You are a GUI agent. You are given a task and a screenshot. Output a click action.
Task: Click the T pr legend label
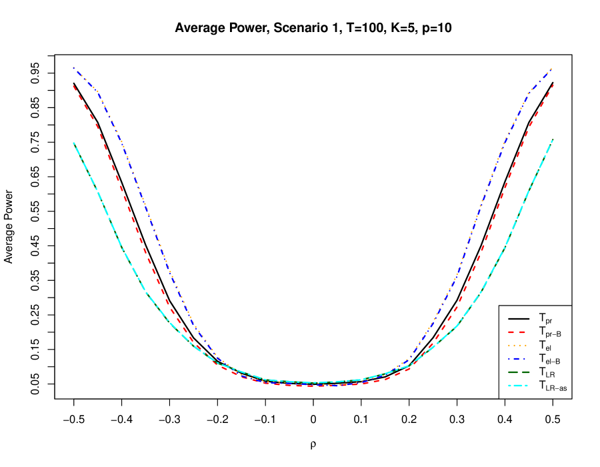click(x=545, y=318)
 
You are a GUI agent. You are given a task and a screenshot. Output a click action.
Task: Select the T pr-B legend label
click(x=550, y=332)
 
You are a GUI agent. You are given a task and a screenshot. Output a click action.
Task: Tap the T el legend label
click(x=545, y=346)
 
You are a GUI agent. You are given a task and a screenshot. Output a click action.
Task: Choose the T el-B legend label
click(x=550, y=359)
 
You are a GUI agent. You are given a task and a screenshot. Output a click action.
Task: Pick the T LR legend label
click(x=546, y=372)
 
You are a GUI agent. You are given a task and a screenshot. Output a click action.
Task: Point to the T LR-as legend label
click(x=553, y=386)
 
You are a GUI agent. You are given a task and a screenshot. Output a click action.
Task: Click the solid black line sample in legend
click(x=519, y=318)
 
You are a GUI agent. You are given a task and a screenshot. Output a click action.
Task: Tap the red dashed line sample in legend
click(x=519, y=332)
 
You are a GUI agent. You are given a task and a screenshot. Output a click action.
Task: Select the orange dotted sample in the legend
click(x=519, y=346)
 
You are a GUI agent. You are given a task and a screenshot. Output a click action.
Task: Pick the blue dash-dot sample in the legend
click(x=519, y=359)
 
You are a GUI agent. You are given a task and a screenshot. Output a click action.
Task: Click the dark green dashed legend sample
click(x=519, y=372)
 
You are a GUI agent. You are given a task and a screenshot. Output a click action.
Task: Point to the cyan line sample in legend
click(x=519, y=386)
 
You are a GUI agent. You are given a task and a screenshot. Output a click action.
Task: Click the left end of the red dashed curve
click(x=73, y=85)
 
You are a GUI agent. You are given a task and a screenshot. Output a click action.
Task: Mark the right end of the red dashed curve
click(x=553, y=85)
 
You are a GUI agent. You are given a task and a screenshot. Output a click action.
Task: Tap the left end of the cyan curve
click(x=73, y=142)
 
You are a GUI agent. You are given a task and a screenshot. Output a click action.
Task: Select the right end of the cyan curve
click(x=553, y=139)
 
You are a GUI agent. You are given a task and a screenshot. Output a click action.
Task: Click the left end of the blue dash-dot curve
click(x=73, y=67)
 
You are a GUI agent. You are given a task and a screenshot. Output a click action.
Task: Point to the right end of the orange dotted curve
click(x=553, y=67)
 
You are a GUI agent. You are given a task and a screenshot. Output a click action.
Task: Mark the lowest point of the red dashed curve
click(x=313, y=386)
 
